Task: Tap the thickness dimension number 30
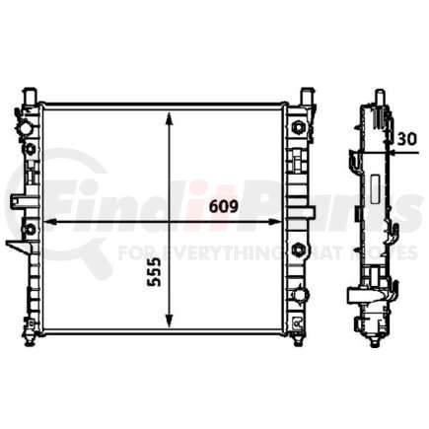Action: point(404,141)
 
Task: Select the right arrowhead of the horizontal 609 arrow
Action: point(288,222)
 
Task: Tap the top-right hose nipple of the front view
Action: point(306,95)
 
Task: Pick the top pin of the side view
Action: point(376,96)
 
